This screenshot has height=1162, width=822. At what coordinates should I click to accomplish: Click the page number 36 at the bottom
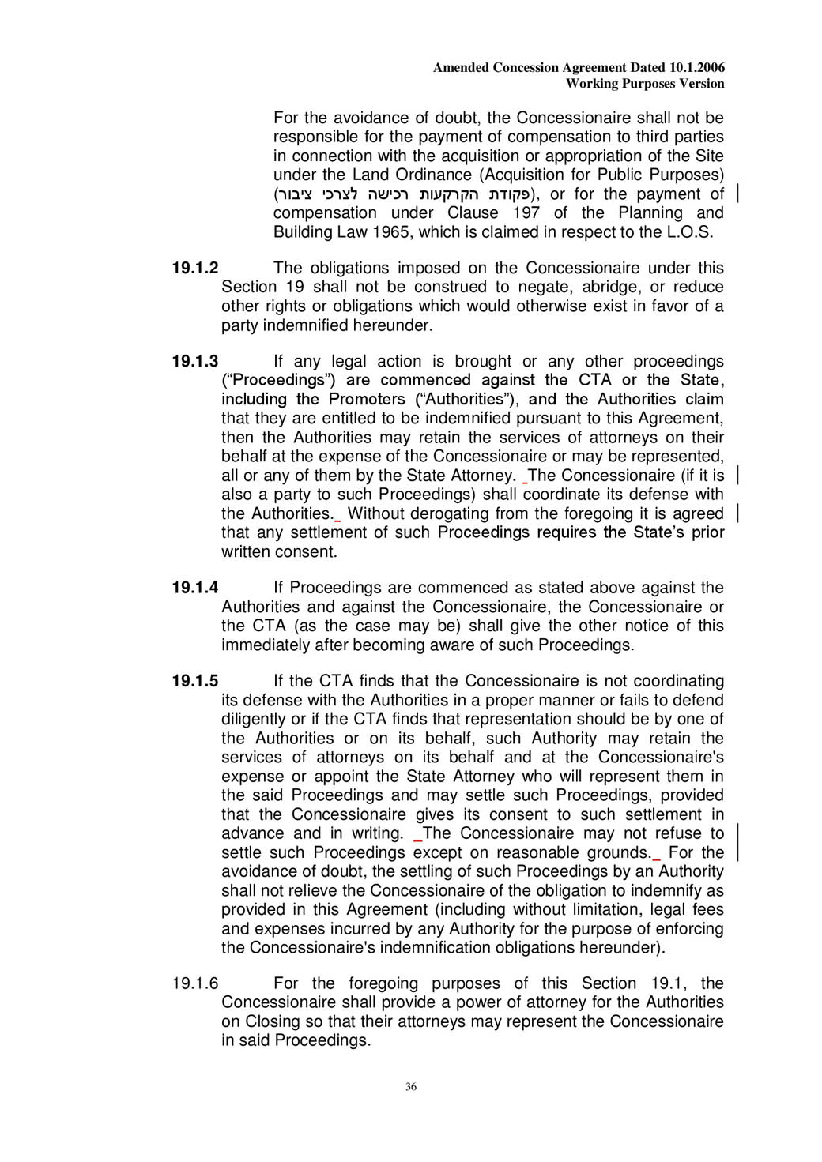pyautogui.click(x=411, y=1087)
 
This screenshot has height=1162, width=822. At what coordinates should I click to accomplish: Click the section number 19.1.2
pyautogui.click(x=195, y=268)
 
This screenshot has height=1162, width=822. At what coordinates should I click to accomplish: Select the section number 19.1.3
pyautogui.click(x=195, y=361)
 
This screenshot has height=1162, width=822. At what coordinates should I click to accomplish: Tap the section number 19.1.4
pyautogui.click(x=195, y=587)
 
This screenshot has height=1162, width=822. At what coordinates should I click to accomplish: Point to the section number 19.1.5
pyautogui.click(x=195, y=681)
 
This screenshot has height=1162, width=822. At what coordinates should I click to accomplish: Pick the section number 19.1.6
pyautogui.click(x=195, y=983)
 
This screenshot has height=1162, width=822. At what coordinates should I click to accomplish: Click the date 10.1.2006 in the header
pyautogui.click(x=697, y=68)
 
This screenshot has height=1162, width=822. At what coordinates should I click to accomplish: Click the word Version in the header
pyautogui.click(x=701, y=84)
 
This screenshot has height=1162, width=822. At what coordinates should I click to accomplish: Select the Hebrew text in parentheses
pyautogui.click(x=403, y=194)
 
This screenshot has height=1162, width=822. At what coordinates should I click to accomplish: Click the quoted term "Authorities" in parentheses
pyautogui.click(x=465, y=400)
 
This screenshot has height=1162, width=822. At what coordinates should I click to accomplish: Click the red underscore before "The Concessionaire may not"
pyautogui.click(x=418, y=840)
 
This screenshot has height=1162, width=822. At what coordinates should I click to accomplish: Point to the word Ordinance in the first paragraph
pyautogui.click(x=432, y=175)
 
